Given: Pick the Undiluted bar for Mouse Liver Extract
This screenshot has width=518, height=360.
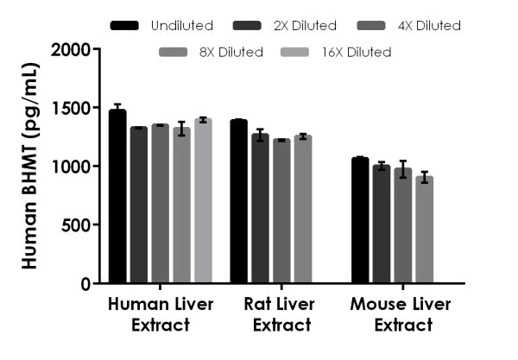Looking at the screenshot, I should pyautogui.click(x=360, y=221).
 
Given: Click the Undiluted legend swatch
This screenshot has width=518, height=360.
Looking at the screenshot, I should pyautogui.click(x=124, y=26).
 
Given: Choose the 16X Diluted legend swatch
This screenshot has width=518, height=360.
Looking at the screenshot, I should pyautogui.click(x=303, y=53).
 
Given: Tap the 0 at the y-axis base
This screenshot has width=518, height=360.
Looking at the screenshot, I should pyautogui.click(x=85, y=283).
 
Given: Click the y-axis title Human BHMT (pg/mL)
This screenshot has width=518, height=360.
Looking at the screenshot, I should pyautogui.click(x=30, y=166).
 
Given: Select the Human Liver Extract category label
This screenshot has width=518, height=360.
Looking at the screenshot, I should pyautogui.click(x=161, y=314).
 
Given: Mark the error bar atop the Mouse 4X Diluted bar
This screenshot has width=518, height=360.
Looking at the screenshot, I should pyautogui.click(x=403, y=169).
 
